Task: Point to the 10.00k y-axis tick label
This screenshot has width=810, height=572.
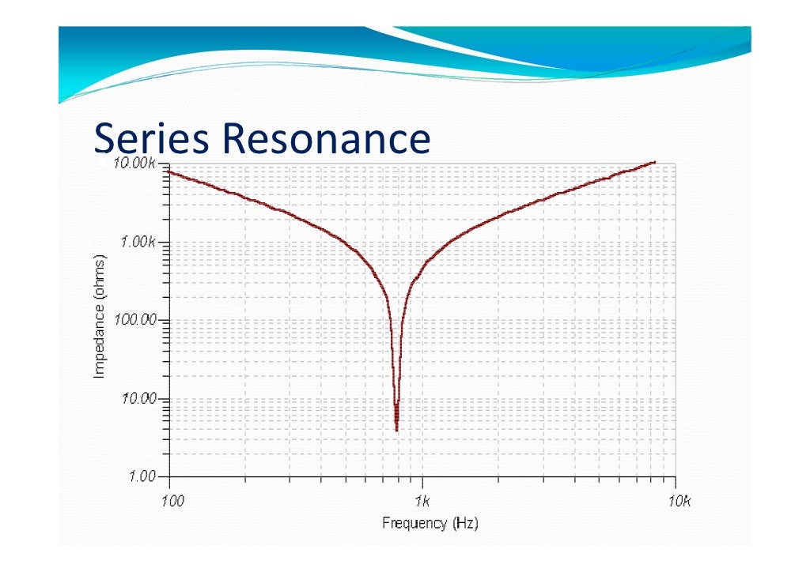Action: tap(136, 164)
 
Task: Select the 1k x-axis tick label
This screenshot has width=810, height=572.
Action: tap(423, 501)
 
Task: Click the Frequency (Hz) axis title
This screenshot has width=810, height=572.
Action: tap(430, 523)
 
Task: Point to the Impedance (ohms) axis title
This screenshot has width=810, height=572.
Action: tap(100, 316)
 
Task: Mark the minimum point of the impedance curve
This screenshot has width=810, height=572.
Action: tap(396, 429)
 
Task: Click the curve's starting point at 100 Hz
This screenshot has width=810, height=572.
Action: tap(170, 171)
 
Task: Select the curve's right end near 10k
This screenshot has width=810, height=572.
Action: tap(655, 162)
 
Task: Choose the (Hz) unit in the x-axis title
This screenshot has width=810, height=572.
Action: tap(464, 523)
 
